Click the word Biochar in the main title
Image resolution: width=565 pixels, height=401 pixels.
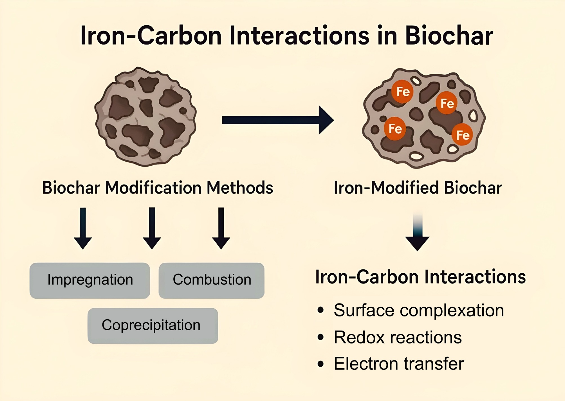pos(449,36)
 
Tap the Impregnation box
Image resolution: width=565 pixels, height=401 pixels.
pos(90,280)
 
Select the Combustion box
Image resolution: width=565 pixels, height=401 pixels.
pos(212,280)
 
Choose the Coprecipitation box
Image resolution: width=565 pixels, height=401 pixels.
pos(153,326)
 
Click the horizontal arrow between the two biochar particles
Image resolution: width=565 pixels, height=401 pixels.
pos(278,120)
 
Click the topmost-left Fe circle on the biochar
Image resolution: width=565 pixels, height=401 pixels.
pos(403,92)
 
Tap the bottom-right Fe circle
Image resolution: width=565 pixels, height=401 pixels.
pos(462,135)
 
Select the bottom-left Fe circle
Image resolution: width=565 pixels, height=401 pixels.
pos(395,129)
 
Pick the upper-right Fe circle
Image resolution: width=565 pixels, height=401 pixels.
pos(447,103)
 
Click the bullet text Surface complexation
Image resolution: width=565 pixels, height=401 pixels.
pos(419,310)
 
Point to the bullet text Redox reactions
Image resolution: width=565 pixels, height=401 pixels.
pos(398,337)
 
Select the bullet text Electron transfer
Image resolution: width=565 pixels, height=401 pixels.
pos(399,364)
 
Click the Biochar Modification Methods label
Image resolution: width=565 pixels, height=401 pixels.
pos(158,187)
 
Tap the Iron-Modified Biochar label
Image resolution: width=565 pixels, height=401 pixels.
pos(418,187)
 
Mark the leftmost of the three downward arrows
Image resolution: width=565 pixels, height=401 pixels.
pos(83,228)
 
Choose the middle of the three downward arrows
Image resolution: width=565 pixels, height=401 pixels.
pos(152,228)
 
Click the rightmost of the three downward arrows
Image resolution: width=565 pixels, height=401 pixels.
pos(221,228)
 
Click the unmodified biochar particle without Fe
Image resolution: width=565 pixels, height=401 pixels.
pos(145,116)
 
